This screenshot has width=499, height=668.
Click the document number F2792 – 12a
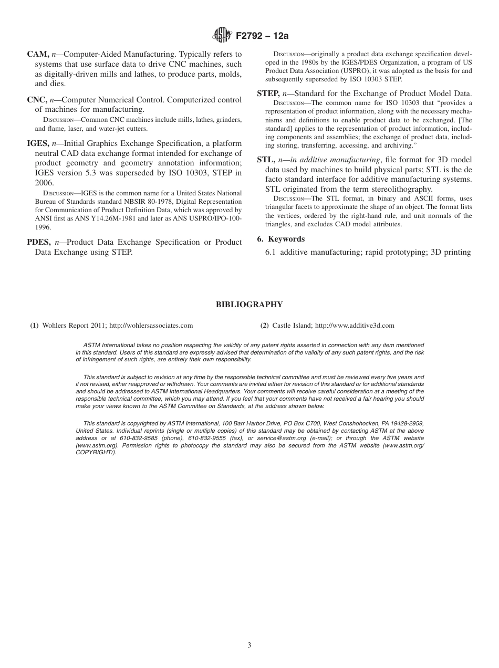click(262, 36)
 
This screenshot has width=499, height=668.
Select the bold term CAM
click(38, 54)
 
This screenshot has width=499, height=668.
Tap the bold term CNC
click(38, 100)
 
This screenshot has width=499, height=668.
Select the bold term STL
click(266, 160)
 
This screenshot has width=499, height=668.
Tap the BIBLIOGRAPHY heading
click(249, 305)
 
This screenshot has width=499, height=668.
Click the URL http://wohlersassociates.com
click(151, 326)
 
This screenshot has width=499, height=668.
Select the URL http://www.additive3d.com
click(354, 326)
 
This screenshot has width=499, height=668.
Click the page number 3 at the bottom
click(250, 645)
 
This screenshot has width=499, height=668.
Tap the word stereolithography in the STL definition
click(401, 189)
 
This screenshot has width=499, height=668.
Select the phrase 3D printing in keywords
click(450, 252)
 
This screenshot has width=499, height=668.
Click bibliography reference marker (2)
click(265, 326)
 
